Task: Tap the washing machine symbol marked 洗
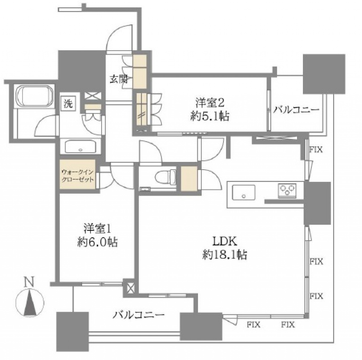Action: point(68,104)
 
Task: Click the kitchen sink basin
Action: point(244,192)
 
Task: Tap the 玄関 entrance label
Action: point(119,80)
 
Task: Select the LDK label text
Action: point(225,242)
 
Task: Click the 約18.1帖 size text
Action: point(225,255)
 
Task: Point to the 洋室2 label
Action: point(210,103)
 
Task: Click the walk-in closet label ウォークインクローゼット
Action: point(77,176)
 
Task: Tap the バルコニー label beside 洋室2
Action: point(296,110)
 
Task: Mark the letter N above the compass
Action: point(30,282)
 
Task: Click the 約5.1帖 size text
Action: point(210,116)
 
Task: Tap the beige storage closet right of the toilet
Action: point(189,179)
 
